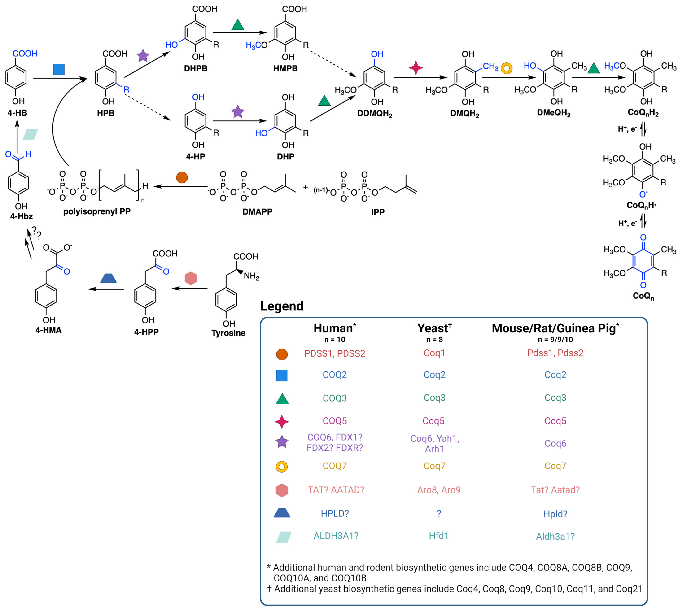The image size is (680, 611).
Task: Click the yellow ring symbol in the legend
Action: pyautogui.click(x=282, y=467)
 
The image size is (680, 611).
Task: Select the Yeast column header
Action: pyautogui.click(x=434, y=328)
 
